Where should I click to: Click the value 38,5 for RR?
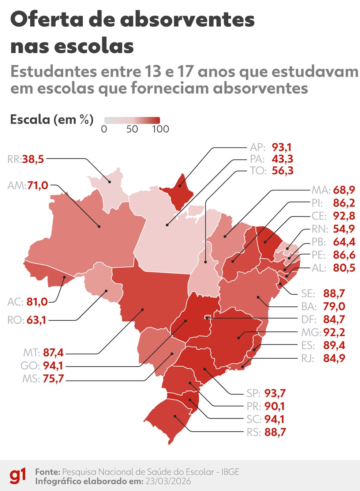point(33,159)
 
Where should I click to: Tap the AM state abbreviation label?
point(16,185)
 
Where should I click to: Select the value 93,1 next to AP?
point(282,147)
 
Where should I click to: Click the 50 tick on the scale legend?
point(132,129)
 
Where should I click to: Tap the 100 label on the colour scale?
point(161,129)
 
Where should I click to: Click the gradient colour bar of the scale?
point(132,120)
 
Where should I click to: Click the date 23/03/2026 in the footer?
point(168,481)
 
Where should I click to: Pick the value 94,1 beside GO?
point(53,366)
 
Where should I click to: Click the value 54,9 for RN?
point(344,229)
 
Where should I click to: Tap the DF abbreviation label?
point(308,320)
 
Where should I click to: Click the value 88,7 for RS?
point(275,432)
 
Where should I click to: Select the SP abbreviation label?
point(253,393)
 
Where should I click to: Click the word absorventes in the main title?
point(187,19)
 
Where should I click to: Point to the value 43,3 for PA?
point(282,159)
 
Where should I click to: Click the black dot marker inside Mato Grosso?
point(142,310)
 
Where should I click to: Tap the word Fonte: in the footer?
point(48,472)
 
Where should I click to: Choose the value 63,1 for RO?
point(37,320)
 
